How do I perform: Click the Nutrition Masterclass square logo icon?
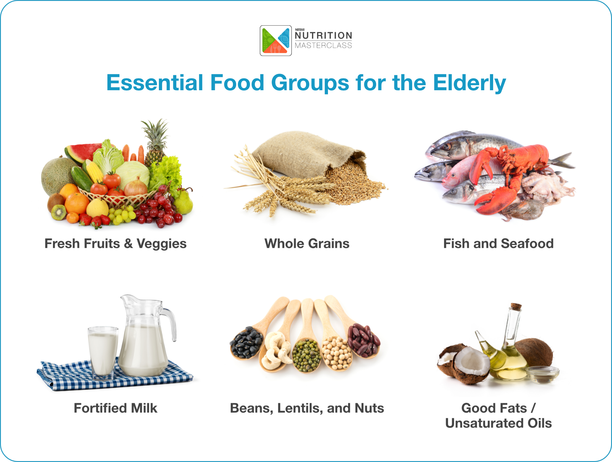pos(276,41)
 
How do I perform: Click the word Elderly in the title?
pos(469,83)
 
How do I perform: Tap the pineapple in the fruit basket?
pos(155,144)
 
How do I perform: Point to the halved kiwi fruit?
pos(58,212)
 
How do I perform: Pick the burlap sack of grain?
pos(304,153)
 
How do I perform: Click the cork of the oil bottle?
pos(516,307)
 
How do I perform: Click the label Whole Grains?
pos(307,244)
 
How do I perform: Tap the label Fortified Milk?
pos(116,408)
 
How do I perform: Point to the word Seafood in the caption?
pos(527,244)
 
